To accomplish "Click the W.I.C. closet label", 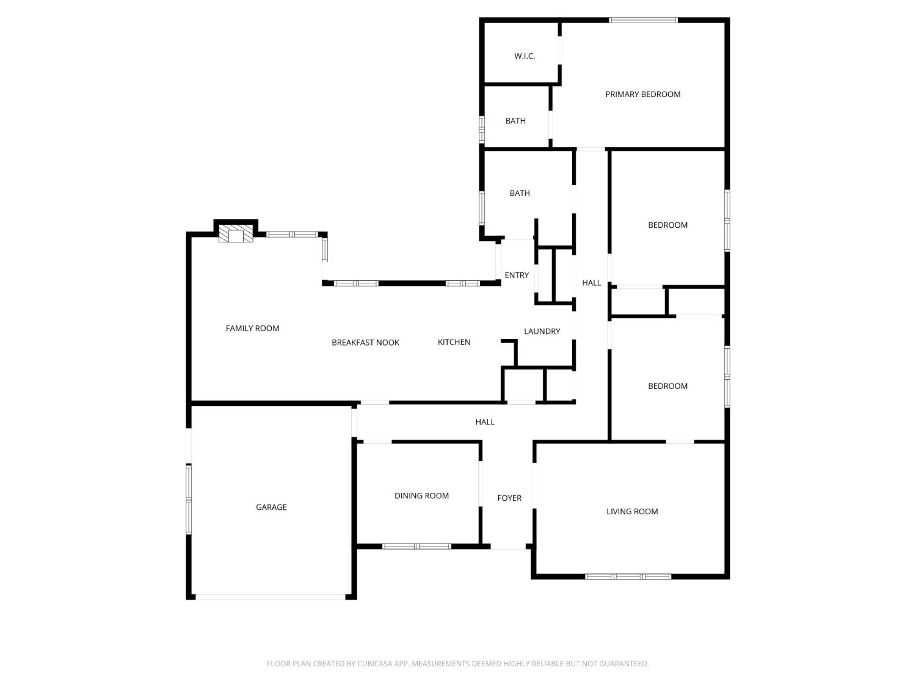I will click(525, 56).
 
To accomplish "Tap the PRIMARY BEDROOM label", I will click(642, 94).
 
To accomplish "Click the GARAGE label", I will click(271, 507).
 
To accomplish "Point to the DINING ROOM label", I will click(421, 496).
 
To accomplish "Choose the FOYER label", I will click(509, 498).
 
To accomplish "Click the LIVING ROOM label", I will click(632, 512).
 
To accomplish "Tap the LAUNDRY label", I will click(542, 332).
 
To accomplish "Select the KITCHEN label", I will click(454, 342).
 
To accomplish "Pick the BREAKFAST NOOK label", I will click(365, 343).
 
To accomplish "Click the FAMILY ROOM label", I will click(252, 329).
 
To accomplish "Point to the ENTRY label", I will click(517, 275).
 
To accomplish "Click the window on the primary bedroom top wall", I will click(643, 20).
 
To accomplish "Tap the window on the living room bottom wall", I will click(628, 576).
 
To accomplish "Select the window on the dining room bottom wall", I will click(416, 546).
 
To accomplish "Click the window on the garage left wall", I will click(189, 500).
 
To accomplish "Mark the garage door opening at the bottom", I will click(271, 597).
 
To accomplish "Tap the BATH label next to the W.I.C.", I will click(515, 121).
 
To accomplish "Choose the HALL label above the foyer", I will click(485, 422).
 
